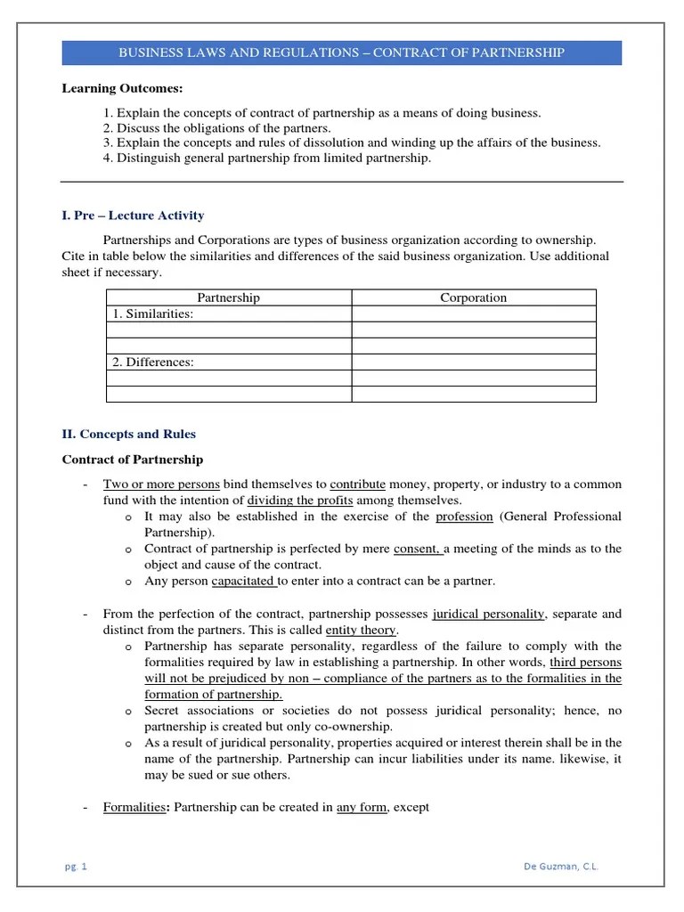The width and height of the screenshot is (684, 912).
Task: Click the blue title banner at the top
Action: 342,53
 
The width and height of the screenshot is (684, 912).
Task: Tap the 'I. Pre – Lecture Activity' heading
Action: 133,216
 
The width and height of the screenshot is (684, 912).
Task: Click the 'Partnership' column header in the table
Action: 228,297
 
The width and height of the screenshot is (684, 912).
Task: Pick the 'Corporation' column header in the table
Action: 473,297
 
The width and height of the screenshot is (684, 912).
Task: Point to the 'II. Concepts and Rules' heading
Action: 128,435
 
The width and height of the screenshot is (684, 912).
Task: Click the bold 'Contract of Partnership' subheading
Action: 132,460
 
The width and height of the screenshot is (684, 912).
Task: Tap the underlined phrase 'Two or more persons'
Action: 161,484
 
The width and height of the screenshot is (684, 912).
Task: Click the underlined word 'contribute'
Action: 357,484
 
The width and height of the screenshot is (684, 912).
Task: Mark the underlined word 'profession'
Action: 464,517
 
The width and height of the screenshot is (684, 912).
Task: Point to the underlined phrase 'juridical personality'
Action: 487,614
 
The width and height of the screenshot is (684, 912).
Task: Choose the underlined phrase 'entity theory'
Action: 360,630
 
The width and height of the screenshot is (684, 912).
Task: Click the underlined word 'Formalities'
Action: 134,807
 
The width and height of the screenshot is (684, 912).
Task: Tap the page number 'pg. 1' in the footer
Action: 77,866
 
